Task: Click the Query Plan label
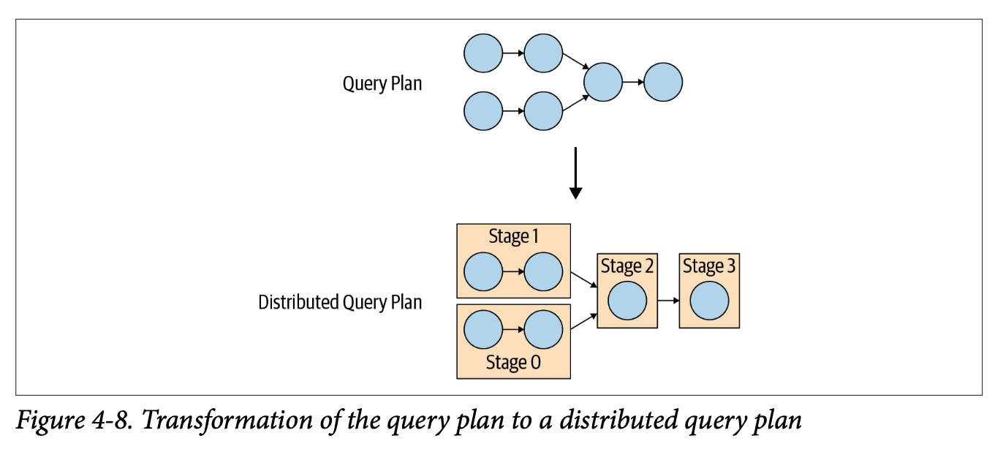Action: click(382, 83)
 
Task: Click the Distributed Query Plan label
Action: click(340, 302)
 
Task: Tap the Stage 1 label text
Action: click(513, 237)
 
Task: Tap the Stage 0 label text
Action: click(513, 363)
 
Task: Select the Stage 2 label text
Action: click(627, 267)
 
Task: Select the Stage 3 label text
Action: click(709, 267)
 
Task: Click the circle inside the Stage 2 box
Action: click(627, 301)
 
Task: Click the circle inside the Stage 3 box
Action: click(709, 301)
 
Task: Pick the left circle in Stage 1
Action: click(483, 271)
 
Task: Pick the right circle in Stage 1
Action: click(543, 271)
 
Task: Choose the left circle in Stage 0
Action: click(483, 329)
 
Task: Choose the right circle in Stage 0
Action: click(543, 329)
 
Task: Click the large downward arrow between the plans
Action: click(575, 173)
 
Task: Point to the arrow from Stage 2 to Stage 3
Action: click(667, 301)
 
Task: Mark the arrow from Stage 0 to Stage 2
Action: click(583, 320)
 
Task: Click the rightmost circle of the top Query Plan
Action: click(663, 81)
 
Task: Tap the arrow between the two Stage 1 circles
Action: click(513, 271)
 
